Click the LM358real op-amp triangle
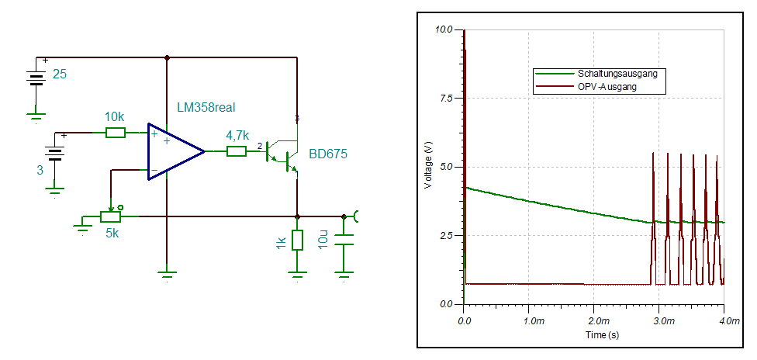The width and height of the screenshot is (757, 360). point(173,151)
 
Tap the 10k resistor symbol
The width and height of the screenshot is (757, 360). point(115,133)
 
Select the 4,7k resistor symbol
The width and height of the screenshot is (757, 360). point(237,151)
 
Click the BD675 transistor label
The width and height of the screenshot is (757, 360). point(328,154)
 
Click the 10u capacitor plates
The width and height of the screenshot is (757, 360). point(344,241)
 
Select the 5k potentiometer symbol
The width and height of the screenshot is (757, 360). point(111,216)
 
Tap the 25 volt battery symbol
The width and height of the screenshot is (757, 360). point(35,78)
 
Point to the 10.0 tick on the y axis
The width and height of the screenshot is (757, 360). point(443,29)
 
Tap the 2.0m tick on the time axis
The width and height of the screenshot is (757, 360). point(596,320)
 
